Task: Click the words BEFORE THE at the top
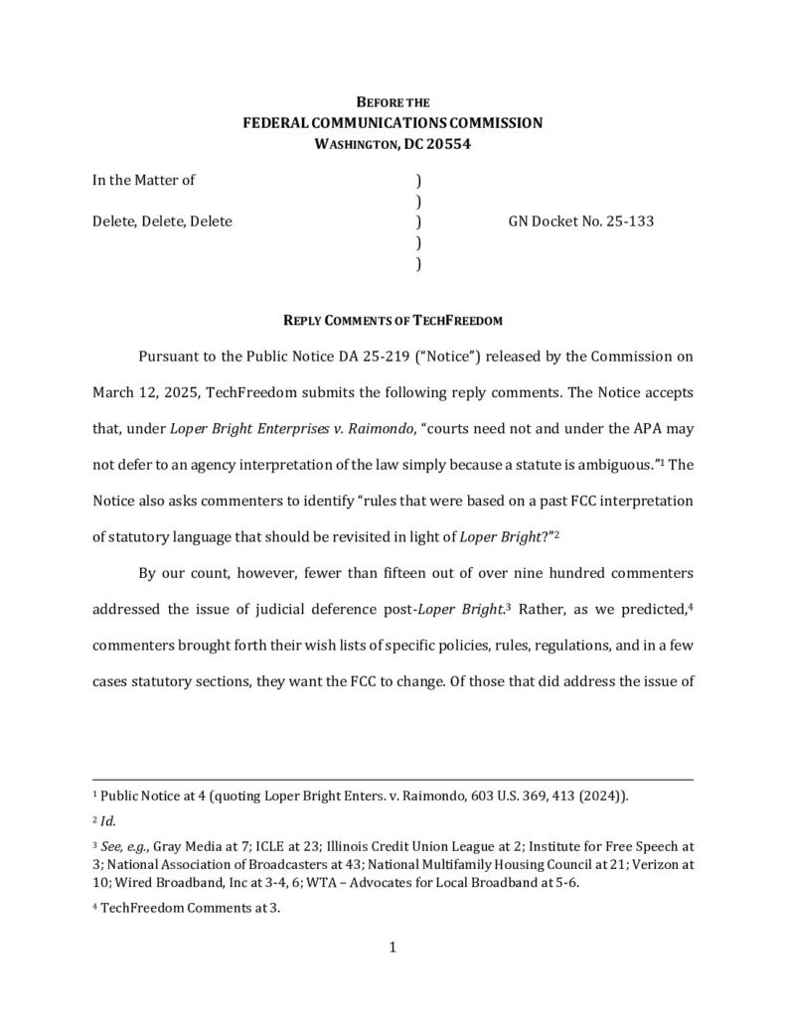click(393, 102)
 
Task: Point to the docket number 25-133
click(630, 221)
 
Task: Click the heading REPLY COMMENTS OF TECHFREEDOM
click(393, 320)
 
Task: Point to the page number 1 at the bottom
click(393, 947)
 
